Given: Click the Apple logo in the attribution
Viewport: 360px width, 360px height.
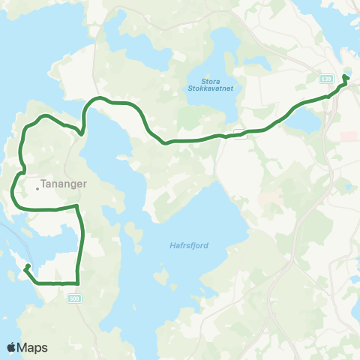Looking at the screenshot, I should pos(11,347).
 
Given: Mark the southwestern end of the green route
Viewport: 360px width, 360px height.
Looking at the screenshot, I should pos(27,266).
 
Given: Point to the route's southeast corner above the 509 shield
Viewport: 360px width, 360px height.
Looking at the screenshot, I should pos(78,282).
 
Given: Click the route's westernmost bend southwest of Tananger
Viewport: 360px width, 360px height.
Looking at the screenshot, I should pos(13,193).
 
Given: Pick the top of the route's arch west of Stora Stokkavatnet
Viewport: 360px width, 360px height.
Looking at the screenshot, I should pos(97,98).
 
